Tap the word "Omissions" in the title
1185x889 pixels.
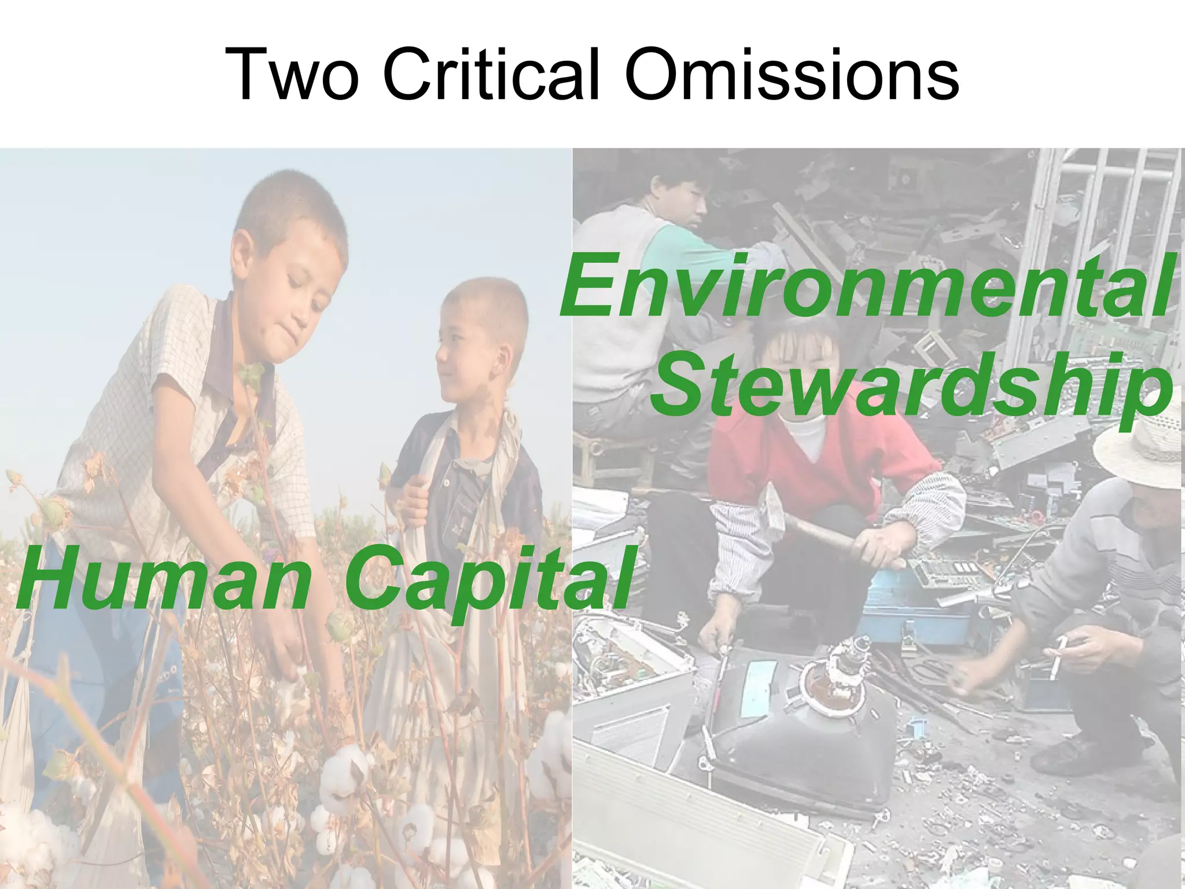[792, 75]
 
